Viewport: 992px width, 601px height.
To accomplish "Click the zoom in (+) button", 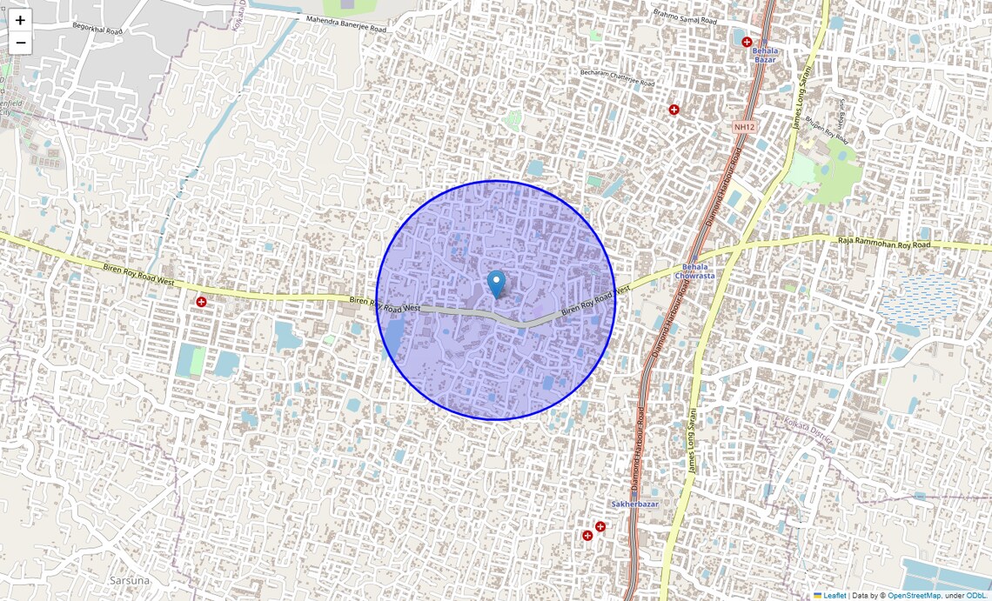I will coord(20,20).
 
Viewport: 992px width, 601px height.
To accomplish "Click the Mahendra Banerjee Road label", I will coord(345,23).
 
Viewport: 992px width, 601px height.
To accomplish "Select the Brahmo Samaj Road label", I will coord(685,16).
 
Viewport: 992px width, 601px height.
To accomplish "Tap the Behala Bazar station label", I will coord(765,56).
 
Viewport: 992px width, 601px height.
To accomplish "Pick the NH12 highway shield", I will coord(742,127).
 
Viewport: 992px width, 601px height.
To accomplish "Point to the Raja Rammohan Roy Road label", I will coord(883,245).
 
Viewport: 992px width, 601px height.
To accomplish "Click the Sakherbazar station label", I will coord(634,504).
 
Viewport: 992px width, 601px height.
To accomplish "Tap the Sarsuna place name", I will coord(130,580).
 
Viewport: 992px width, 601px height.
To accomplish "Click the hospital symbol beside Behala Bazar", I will coord(747,42).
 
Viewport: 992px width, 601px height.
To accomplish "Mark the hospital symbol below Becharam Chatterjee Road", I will coord(674,110).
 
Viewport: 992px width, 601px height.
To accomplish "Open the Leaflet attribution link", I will coord(834,596).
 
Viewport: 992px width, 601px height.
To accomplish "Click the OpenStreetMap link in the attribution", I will coord(914,596).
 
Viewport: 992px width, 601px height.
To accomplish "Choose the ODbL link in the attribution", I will coord(977,596).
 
